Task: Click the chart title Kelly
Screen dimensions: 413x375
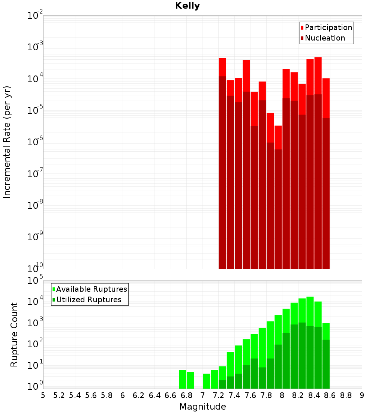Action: tap(187, 6)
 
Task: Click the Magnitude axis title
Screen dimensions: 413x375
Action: tap(202, 407)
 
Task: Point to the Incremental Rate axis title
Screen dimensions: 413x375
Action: tap(7, 142)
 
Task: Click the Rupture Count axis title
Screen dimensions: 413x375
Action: tap(14, 335)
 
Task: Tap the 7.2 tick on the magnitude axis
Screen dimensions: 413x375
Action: tap(218, 395)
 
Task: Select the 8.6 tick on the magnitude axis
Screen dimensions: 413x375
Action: tap(330, 395)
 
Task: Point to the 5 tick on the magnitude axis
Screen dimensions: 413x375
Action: tap(43, 395)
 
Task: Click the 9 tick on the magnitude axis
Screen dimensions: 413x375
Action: tap(361, 395)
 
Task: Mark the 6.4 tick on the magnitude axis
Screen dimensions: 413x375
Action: tap(154, 395)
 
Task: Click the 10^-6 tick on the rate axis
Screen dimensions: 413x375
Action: tap(34, 142)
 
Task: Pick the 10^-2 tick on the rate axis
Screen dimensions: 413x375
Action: tap(34, 16)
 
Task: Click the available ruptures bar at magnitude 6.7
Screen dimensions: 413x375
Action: tap(183, 379)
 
